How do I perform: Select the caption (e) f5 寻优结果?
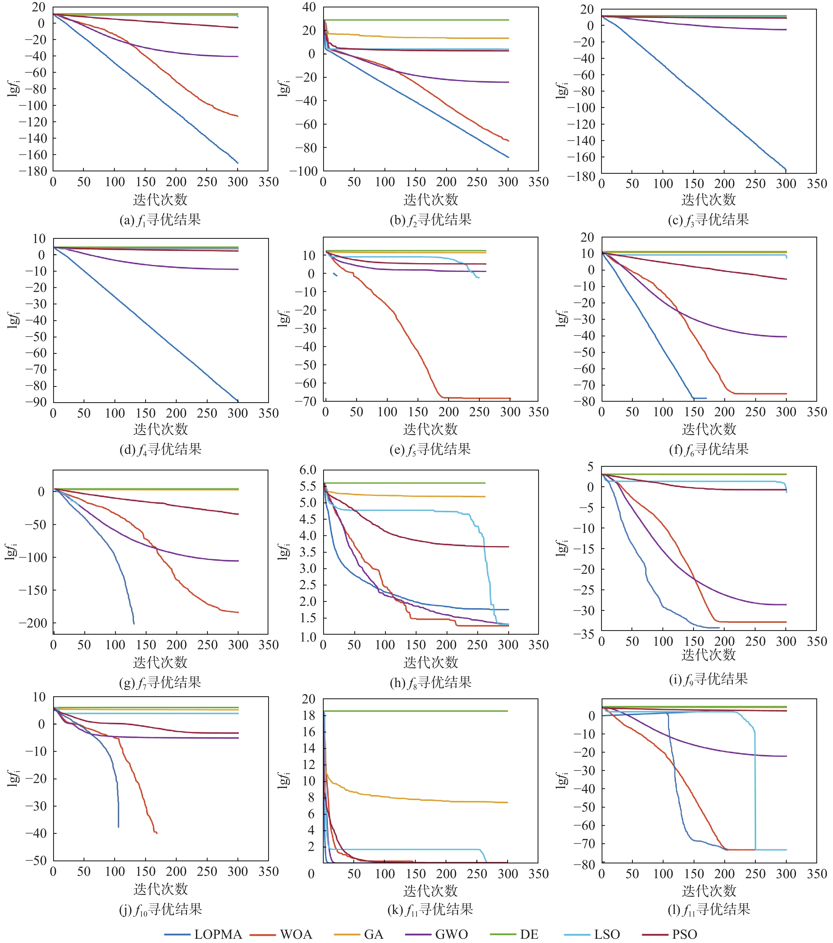pyautogui.click(x=430, y=449)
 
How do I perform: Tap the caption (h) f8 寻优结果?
pyautogui.click(x=430, y=682)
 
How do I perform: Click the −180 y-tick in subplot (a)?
pyautogui.click(x=33, y=171)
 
